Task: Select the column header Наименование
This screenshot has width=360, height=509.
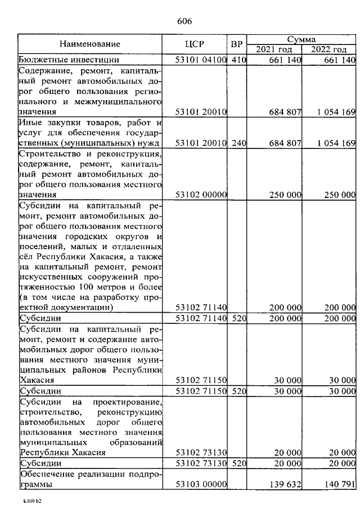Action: click(90, 43)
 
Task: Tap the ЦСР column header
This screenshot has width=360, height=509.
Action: click(194, 43)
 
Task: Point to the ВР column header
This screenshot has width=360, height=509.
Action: click(237, 43)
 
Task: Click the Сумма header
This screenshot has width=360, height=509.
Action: click(301, 39)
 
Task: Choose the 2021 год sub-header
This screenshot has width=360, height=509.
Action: click(274, 49)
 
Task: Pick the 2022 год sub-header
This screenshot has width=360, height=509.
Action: click(329, 49)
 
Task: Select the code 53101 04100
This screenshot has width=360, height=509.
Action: click(201, 60)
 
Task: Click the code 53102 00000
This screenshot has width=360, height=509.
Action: click(201, 195)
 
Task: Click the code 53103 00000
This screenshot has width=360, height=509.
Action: click(201, 484)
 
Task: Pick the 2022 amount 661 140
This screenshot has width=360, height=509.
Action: click(340, 60)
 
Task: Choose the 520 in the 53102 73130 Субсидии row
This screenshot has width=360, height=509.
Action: click(238, 463)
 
